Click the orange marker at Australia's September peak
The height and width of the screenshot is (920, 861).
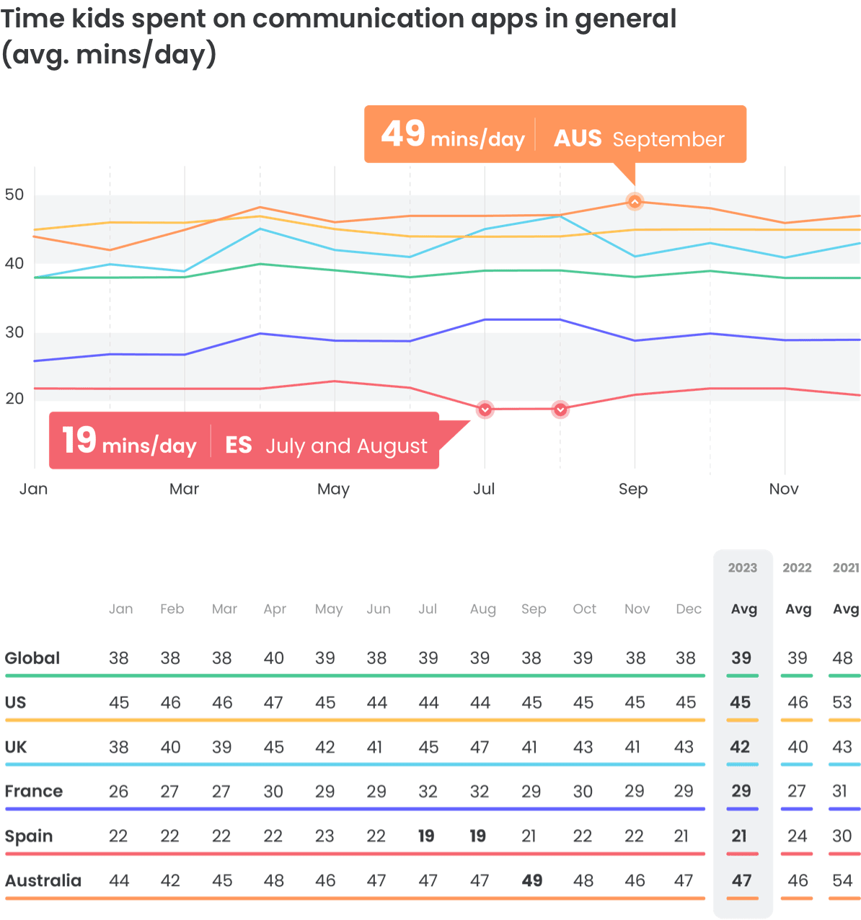pos(635,202)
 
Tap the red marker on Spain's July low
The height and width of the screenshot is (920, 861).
pos(485,410)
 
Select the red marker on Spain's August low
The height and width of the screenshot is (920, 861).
pos(560,410)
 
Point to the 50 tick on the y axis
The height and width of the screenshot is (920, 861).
pos(14,195)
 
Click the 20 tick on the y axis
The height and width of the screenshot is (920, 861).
pos(14,398)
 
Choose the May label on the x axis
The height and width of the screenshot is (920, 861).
pos(333,489)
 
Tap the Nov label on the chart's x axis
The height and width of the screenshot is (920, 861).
pos(784,489)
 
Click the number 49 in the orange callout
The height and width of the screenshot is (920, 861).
pos(403,134)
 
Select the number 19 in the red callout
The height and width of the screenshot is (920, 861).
pos(79,441)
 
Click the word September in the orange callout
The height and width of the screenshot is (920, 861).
pos(668,139)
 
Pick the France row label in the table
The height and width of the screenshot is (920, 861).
pos(34,792)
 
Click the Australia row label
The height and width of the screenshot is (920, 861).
pos(43,881)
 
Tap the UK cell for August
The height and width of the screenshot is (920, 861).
pos(480,747)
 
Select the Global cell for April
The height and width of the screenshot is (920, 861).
pos(274,658)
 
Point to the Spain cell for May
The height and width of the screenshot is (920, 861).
pos(324,836)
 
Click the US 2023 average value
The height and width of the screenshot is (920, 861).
pos(741,702)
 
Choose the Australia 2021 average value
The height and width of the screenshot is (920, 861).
pos(843,881)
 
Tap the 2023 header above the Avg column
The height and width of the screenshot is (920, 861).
pos(742,568)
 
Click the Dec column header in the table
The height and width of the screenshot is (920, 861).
pos(689,609)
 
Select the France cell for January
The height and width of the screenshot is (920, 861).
pos(118,792)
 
